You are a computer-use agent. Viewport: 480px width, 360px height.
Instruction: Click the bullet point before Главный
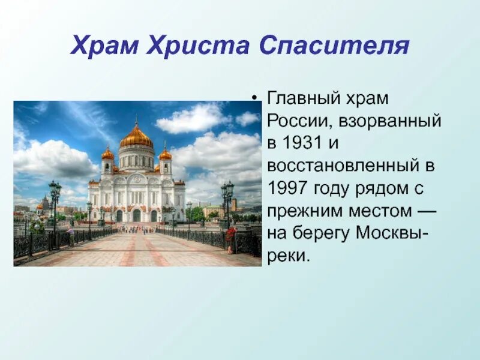[256, 98]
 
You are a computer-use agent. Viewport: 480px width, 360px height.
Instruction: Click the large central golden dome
[136, 137]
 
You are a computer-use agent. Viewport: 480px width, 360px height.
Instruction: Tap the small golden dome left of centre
[108, 154]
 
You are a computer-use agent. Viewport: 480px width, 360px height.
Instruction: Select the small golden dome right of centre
[165, 154]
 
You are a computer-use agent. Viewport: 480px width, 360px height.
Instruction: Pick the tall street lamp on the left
[55, 207]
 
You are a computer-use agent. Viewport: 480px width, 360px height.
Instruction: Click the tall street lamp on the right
[227, 207]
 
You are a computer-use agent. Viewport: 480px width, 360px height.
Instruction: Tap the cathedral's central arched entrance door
[137, 215]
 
